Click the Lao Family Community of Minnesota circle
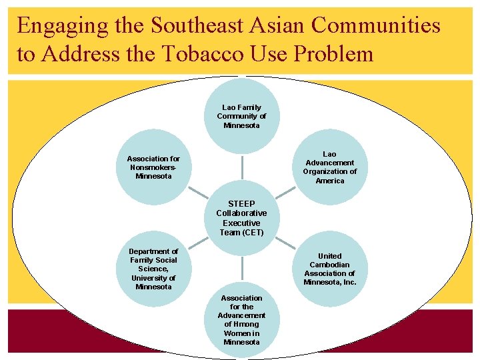(x=241, y=116)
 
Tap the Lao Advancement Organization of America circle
(x=330, y=167)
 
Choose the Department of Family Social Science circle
(x=153, y=269)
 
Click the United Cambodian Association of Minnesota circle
(x=330, y=269)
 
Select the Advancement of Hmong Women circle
(x=241, y=320)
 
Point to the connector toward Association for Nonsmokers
(x=197, y=193)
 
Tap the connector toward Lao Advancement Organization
(x=285, y=193)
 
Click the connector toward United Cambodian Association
(x=285, y=243)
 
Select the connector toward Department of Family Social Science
(x=197, y=243)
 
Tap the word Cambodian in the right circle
(x=330, y=265)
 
